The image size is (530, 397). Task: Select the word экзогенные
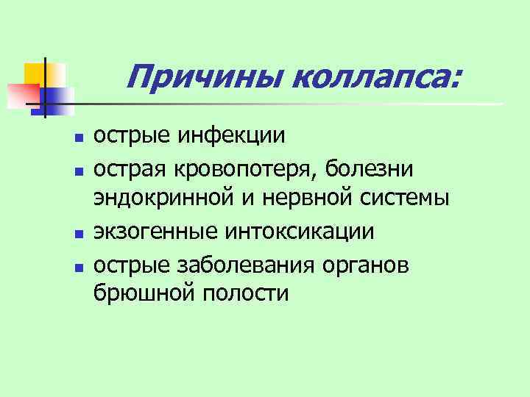pos(152,232)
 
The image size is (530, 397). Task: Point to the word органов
pos(368,263)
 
